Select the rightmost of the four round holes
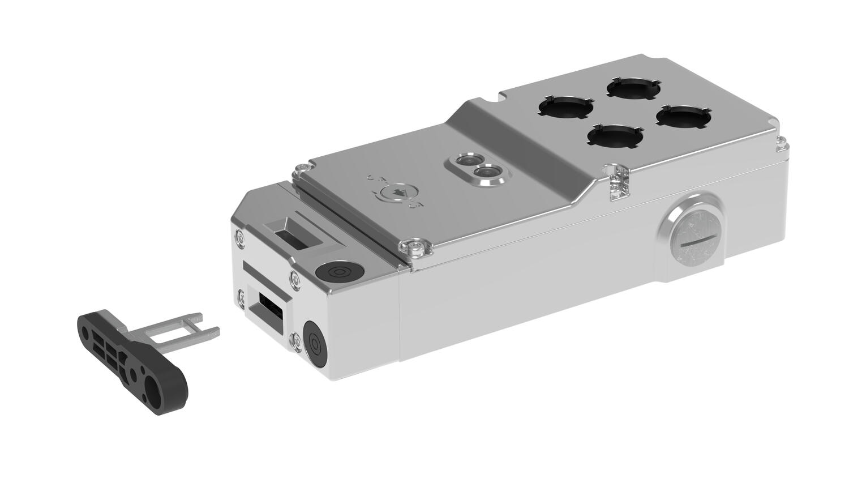pos(681,116)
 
